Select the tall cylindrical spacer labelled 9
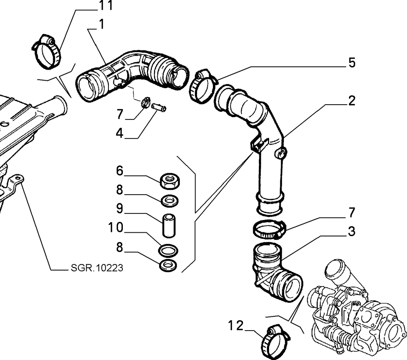(169, 225)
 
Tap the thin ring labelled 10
(168, 250)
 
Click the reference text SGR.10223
(97, 268)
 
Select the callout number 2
(352, 101)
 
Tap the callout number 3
(352, 231)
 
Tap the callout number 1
(101, 24)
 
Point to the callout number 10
(116, 227)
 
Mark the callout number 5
(352, 63)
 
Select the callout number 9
(119, 209)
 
